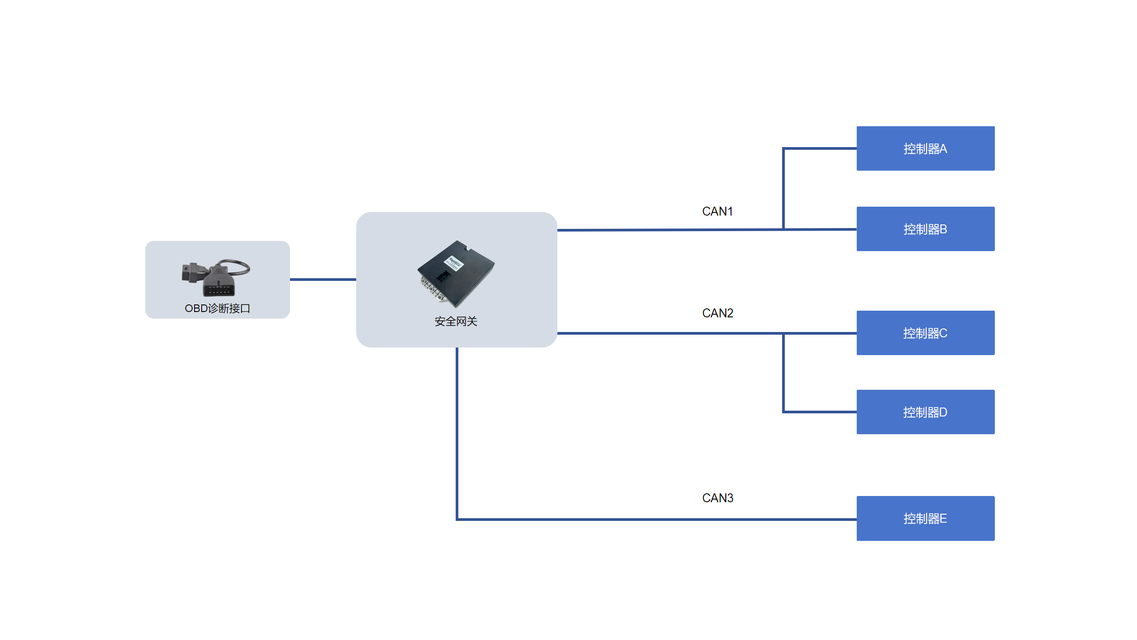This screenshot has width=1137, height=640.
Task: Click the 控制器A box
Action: (926, 148)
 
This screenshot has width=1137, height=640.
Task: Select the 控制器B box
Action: (926, 229)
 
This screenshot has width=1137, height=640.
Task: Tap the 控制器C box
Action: (926, 333)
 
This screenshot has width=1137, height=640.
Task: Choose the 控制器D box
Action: (926, 412)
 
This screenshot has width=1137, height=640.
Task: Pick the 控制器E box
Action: (926, 518)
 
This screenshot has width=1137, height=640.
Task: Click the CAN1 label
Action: (717, 211)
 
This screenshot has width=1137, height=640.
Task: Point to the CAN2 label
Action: (718, 313)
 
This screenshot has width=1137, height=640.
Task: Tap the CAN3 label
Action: (718, 498)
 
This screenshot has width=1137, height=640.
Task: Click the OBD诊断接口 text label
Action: (218, 308)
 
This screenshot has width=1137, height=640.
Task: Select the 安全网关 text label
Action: (456, 321)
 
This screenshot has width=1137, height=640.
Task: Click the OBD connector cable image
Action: (216, 278)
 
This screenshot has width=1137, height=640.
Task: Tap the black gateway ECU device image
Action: (456, 274)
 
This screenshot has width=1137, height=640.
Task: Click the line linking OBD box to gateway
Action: (323, 280)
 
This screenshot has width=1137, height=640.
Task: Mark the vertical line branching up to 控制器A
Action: (783, 189)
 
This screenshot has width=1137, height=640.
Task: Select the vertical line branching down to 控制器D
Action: (783, 373)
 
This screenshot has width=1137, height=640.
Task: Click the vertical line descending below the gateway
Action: (457, 433)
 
